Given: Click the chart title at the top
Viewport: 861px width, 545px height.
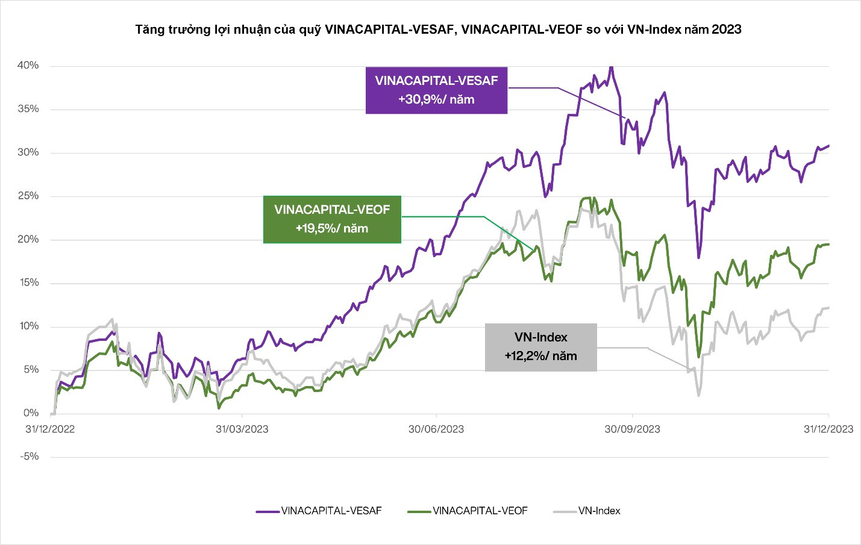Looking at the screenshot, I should coord(438,29).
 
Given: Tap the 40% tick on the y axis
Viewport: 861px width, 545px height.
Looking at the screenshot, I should coord(28,65).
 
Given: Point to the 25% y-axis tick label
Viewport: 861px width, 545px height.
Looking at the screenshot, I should coord(28,196).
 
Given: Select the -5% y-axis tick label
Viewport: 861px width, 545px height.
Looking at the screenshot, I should coord(29,456).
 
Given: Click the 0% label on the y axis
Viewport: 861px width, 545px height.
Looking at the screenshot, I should coord(31,413).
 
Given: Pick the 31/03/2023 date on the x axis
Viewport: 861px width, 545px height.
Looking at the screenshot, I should coord(242,429).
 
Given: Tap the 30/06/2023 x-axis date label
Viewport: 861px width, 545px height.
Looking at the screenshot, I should coord(436,429).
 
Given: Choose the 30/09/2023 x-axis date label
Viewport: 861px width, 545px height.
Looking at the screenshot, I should coord(632,429).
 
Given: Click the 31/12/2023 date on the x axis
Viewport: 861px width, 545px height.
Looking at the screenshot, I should coord(828,429).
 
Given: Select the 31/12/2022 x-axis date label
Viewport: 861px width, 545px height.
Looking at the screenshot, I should coord(50,429).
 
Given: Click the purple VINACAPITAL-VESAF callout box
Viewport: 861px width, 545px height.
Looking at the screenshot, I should coord(436,90).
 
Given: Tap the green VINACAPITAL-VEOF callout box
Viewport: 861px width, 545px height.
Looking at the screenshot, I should coord(332,219).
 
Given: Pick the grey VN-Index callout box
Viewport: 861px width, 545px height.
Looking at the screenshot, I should coord(540,347).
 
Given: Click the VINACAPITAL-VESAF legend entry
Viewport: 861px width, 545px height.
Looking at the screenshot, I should coord(319,511).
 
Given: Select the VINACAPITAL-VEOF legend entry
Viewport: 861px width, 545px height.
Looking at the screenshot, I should coord(468,511).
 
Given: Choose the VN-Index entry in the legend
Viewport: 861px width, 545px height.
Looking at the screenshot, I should coord(587,511).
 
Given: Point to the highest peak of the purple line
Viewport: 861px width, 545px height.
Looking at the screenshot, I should coord(611,67).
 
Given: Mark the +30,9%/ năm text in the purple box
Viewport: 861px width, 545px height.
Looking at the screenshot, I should coord(436,100).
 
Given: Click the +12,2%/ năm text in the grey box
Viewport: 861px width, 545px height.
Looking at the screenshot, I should coord(540,356).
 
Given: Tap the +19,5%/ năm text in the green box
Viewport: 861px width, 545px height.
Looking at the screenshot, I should coord(332,229).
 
